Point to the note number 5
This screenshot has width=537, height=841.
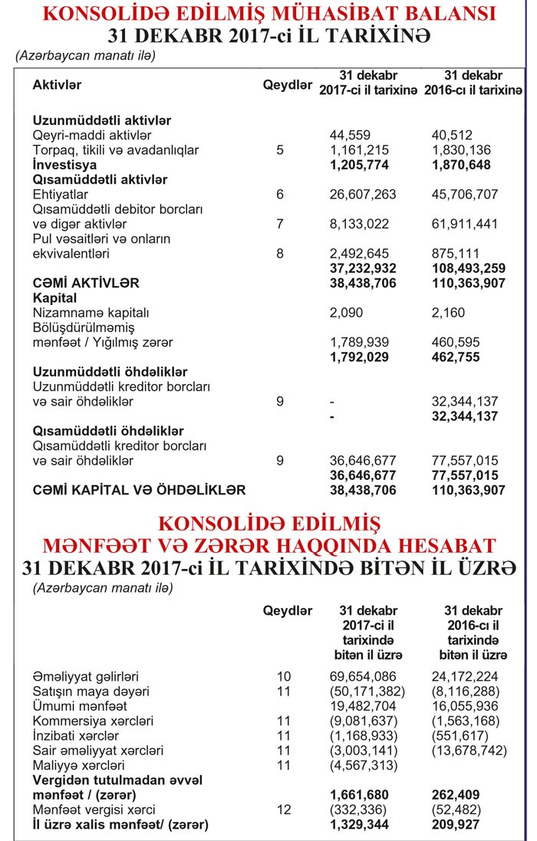click(279, 149)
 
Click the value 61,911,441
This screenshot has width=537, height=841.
click(465, 224)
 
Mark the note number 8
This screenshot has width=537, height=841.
click(279, 253)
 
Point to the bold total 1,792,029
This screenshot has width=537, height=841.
click(360, 356)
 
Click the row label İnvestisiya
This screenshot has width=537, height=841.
click(64, 164)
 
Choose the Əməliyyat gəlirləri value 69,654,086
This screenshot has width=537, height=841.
click(363, 677)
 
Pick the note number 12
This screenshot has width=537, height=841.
click(284, 810)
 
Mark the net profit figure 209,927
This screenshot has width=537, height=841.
click(458, 825)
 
